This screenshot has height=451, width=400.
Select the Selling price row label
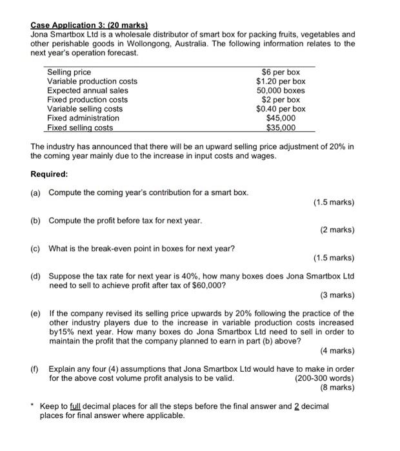click(x=69, y=72)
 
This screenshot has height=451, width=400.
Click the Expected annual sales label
click(x=88, y=91)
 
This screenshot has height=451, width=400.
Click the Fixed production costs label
click(x=88, y=101)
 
